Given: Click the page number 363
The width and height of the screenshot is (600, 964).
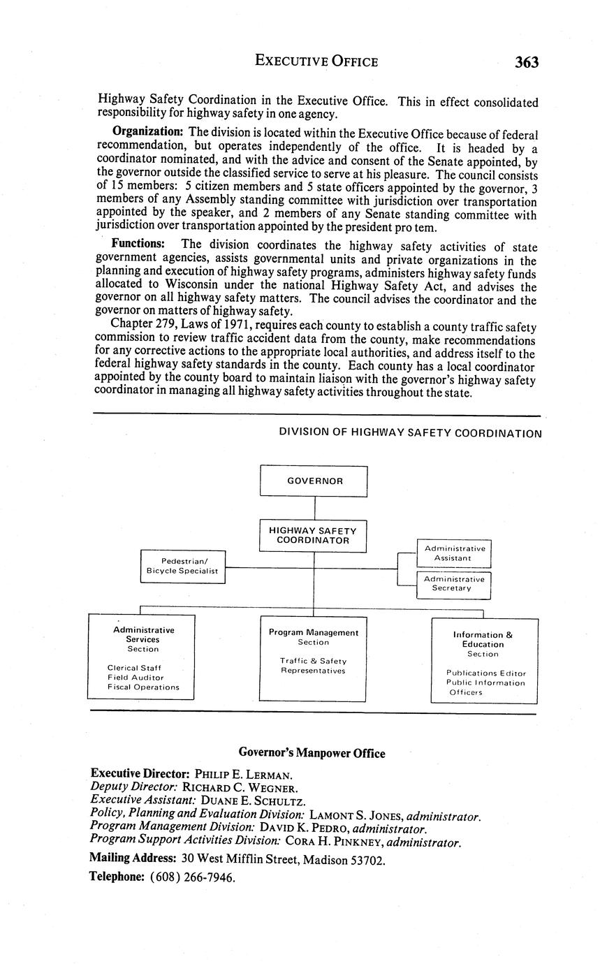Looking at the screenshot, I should pyautogui.click(x=527, y=62).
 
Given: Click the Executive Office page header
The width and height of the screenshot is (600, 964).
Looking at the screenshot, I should pyautogui.click(x=316, y=61).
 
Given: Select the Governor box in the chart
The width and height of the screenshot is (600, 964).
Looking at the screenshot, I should pyautogui.click(x=314, y=481).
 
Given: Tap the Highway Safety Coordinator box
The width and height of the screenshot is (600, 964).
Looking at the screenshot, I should pyautogui.click(x=313, y=535).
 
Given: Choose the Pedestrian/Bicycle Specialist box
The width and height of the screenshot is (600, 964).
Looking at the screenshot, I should pyautogui.click(x=184, y=566).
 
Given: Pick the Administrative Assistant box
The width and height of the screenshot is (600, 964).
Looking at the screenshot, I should pyautogui.click(x=453, y=553).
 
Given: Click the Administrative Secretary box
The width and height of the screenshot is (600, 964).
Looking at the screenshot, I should pyautogui.click(x=453, y=584).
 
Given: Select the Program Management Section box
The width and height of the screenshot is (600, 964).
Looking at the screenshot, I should pyautogui.click(x=313, y=658).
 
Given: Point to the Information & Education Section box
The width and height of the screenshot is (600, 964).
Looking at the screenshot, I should pyautogui.click(x=483, y=661).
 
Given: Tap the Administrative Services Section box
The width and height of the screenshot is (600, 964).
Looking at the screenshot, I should pyautogui.click(x=141, y=656).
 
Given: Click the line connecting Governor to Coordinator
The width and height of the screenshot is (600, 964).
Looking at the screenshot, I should pyautogui.click(x=314, y=508).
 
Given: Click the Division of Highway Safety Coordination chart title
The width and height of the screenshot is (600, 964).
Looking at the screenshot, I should pyautogui.click(x=410, y=433).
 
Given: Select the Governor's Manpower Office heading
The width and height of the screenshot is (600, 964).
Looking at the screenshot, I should pyautogui.click(x=312, y=753).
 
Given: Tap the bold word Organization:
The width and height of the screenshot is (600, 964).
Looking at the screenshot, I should pyautogui.click(x=148, y=131).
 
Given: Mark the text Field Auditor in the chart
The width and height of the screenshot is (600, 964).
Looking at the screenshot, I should pyautogui.click(x=136, y=678).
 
